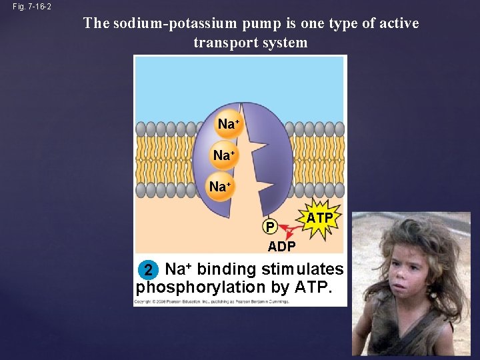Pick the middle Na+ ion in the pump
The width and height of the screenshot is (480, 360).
223,155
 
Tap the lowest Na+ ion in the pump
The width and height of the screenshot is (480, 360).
219,187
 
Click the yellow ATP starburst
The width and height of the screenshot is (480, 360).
319,218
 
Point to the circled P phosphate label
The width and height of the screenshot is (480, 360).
269,227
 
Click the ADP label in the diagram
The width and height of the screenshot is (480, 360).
281,247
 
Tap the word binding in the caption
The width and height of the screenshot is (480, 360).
226,269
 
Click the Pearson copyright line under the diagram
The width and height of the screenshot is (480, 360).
212,302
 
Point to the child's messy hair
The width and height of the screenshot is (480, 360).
407,233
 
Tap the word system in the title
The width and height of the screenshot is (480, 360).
285,43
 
